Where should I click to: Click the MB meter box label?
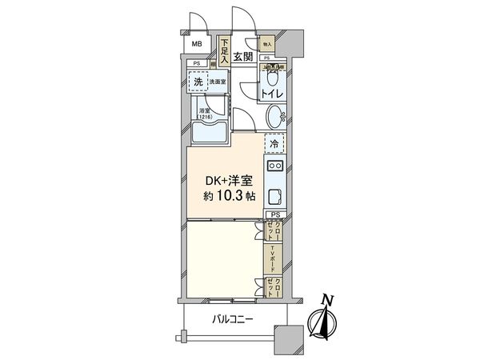tap(196, 45)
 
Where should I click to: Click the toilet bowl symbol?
tap(273, 79)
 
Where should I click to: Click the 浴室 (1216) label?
tap(205, 115)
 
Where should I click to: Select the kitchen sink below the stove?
tap(274, 197)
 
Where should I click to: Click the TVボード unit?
tap(274, 257)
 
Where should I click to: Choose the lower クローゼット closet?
tap(274, 286)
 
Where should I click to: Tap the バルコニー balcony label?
tap(233, 318)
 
